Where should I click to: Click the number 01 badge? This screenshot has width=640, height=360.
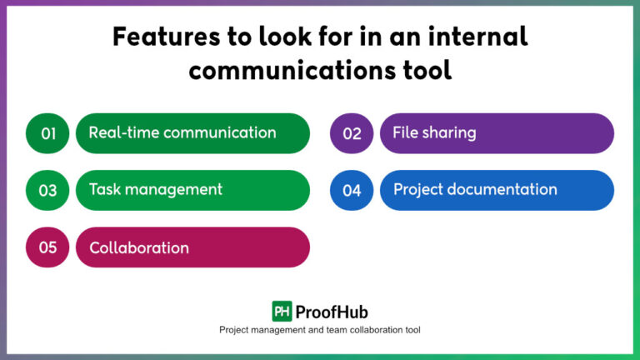click(x=48, y=133)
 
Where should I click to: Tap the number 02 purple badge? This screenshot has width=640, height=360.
click(x=352, y=133)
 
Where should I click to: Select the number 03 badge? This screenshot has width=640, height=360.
click(x=48, y=190)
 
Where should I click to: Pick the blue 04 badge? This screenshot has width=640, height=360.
click(x=352, y=190)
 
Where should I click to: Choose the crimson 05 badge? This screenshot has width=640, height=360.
click(x=48, y=247)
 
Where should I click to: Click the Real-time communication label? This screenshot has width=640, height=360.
click(x=182, y=132)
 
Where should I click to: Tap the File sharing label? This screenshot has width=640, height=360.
click(x=435, y=132)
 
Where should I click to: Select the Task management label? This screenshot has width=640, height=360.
click(x=156, y=189)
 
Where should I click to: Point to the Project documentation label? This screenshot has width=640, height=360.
click(x=475, y=189)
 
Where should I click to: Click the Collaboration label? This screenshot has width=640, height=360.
click(x=139, y=247)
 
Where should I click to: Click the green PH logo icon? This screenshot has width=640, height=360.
click(x=282, y=311)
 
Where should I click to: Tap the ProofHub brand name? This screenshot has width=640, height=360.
click(x=331, y=311)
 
